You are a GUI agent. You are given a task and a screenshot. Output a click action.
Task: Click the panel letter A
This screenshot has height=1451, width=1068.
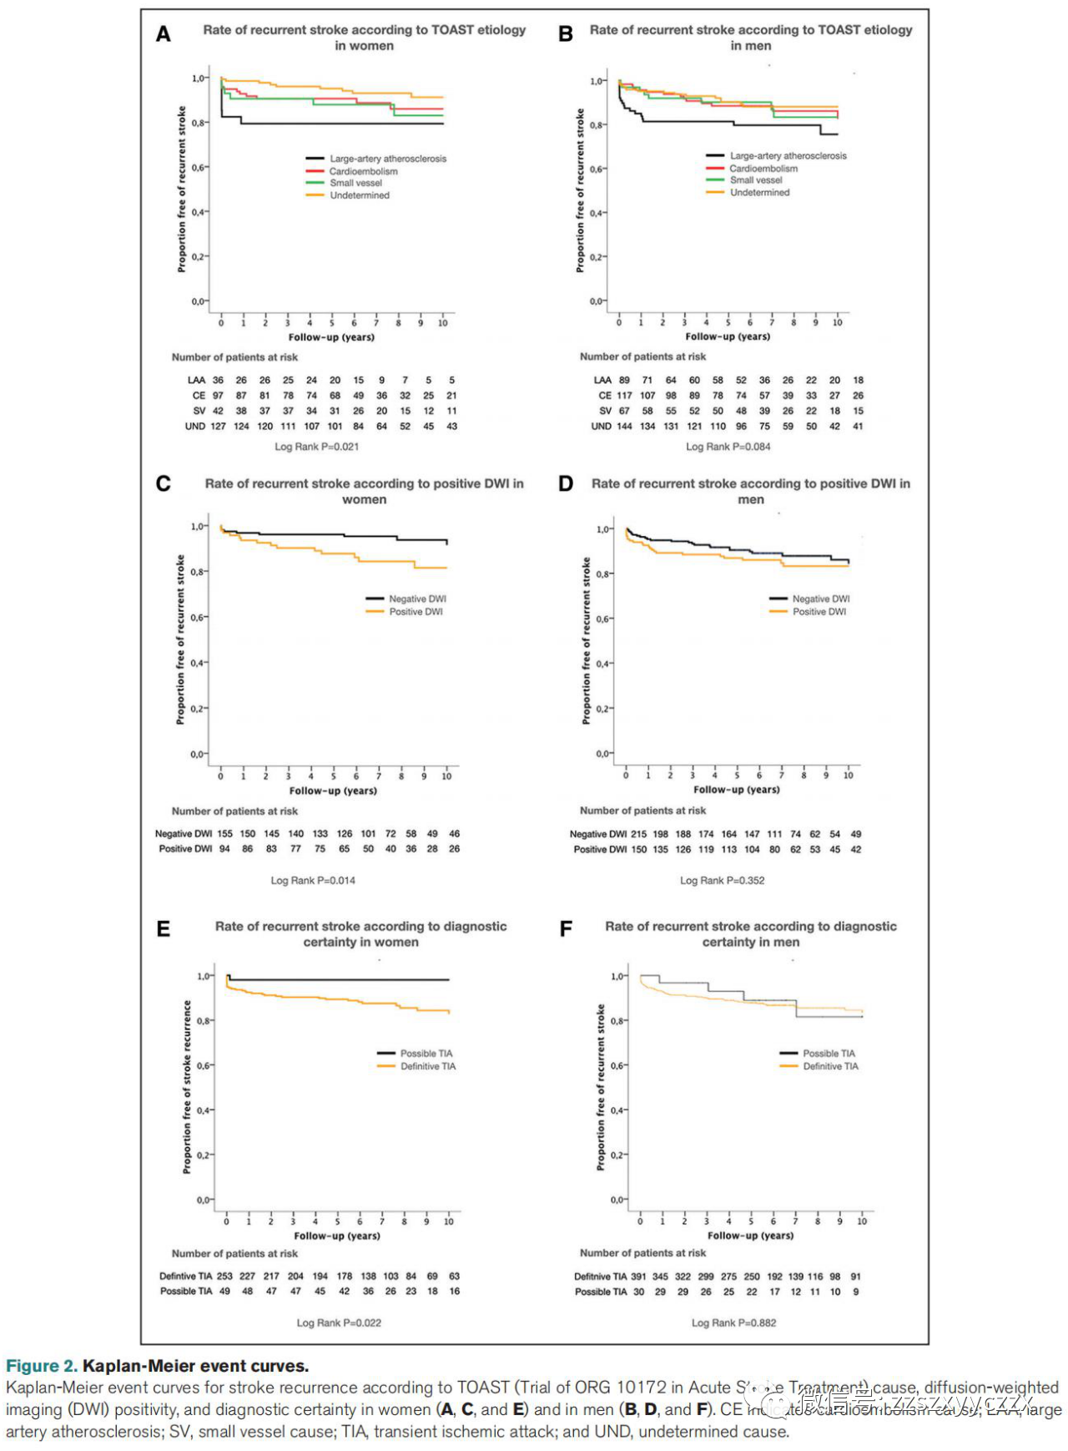(164, 34)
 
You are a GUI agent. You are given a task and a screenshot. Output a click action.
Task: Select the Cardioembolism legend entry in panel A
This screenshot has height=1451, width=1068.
(363, 171)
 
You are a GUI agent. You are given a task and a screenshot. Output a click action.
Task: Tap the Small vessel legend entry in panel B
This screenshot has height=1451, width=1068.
(756, 180)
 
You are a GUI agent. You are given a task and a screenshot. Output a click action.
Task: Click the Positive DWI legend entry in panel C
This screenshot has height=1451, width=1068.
(416, 612)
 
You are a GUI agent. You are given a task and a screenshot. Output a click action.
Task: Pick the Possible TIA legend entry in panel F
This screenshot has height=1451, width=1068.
(829, 1054)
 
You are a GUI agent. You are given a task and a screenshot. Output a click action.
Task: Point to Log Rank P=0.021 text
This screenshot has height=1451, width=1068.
(317, 447)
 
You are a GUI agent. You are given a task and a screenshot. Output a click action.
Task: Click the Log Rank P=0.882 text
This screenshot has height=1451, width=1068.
(733, 1322)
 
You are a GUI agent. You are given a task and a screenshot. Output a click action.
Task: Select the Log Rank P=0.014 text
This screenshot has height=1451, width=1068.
(313, 880)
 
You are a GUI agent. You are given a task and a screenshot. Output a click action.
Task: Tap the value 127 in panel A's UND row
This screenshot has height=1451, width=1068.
(218, 427)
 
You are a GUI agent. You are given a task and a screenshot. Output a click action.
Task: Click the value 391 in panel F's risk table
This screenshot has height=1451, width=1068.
(638, 1277)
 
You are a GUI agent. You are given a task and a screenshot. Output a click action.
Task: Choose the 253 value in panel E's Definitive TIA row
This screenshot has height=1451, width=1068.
(224, 1277)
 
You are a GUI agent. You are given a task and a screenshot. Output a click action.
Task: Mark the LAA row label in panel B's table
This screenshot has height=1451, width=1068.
(602, 380)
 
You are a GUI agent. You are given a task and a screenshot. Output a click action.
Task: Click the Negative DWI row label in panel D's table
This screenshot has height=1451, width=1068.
(597, 834)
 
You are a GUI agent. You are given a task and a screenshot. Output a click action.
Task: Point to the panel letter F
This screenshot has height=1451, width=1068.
(566, 929)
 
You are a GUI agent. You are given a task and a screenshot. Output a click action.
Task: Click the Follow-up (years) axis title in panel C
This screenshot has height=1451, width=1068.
(333, 791)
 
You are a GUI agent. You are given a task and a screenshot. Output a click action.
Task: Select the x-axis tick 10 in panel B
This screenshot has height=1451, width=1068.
(837, 322)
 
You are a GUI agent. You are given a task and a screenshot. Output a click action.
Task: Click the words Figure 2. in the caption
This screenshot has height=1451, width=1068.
(41, 1366)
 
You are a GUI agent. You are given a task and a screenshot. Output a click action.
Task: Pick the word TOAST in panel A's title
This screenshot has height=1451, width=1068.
(452, 30)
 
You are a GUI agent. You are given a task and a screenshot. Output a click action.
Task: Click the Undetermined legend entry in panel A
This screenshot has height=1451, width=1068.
(360, 195)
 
